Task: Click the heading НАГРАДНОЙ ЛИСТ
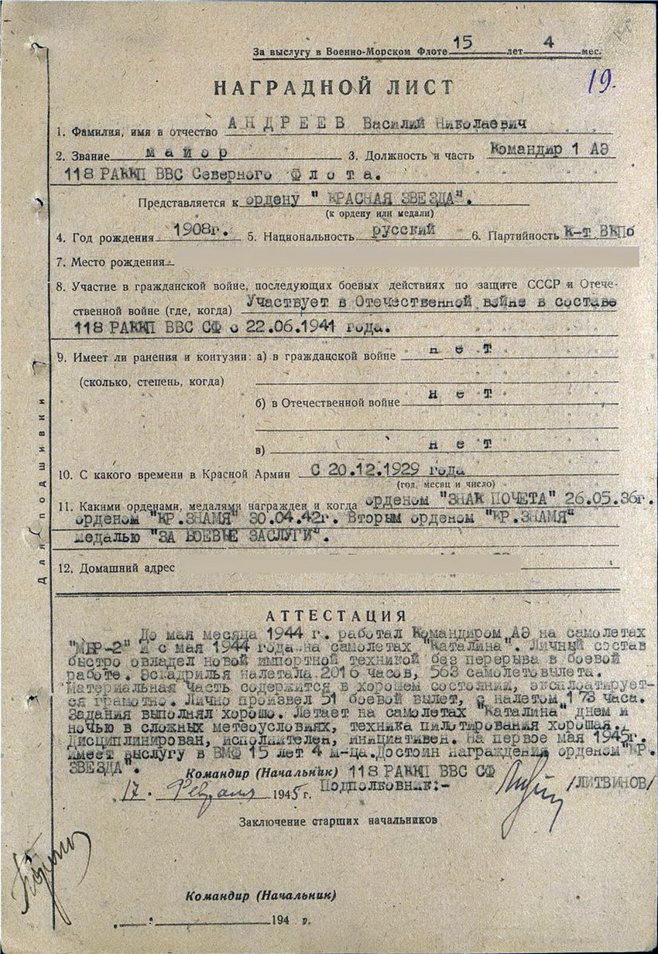point(333,87)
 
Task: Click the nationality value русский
point(404,230)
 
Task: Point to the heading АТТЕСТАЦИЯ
point(336,616)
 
